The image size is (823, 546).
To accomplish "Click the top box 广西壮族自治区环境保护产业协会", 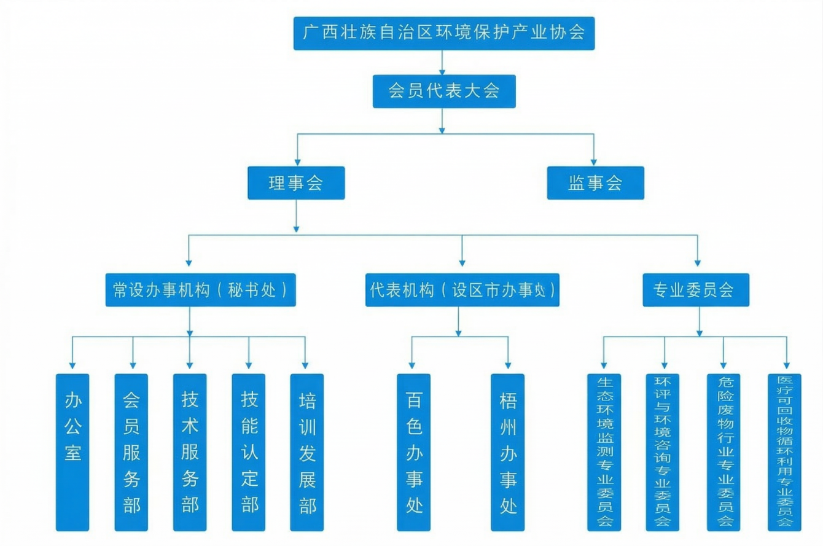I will click(x=443, y=33).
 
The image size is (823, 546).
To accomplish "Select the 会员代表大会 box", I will click(x=443, y=92).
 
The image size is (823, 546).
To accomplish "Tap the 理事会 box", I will click(x=296, y=183).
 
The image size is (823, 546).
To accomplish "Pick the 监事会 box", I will click(x=595, y=183).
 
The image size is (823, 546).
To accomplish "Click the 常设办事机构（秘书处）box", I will click(x=200, y=290).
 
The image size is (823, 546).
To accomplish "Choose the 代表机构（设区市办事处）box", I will click(x=462, y=290).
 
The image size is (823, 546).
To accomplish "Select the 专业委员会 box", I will click(x=696, y=290).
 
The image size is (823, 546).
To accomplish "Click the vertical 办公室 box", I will click(x=72, y=452).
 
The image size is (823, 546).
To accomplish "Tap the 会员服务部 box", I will click(x=131, y=452).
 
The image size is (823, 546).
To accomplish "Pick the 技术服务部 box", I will click(x=190, y=452).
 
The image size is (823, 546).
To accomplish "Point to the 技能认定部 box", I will click(x=249, y=452).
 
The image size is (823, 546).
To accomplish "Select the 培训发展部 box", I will click(x=307, y=452).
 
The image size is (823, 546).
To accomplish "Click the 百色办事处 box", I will click(x=413, y=452).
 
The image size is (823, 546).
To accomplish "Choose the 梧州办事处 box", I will click(x=508, y=452).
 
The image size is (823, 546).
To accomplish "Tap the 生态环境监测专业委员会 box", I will click(x=604, y=452).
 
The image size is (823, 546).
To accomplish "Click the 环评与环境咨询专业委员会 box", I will click(x=662, y=452).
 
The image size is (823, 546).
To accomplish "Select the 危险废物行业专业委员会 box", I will click(x=723, y=452).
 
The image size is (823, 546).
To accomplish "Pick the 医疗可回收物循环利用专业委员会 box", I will click(x=784, y=452).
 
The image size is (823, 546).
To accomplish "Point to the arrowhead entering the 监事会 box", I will click(x=593, y=162).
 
